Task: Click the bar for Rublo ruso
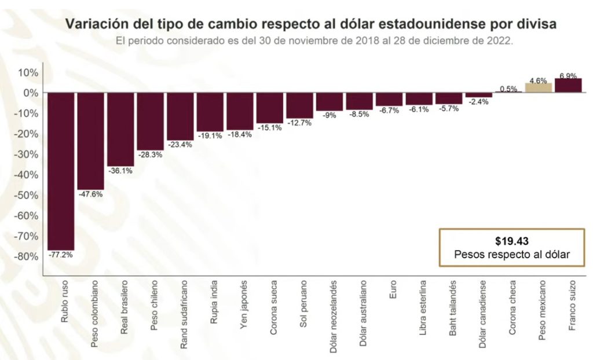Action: point(60,171)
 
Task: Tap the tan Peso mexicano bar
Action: point(538,88)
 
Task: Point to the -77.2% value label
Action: point(60,255)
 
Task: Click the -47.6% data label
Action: point(90,194)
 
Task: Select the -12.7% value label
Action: point(299,123)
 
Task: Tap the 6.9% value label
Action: point(568,76)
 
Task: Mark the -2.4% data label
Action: point(478,102)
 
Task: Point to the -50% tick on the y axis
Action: point(26,195)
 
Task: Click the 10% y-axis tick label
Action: point(28,72)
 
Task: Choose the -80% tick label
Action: point(26,256)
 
